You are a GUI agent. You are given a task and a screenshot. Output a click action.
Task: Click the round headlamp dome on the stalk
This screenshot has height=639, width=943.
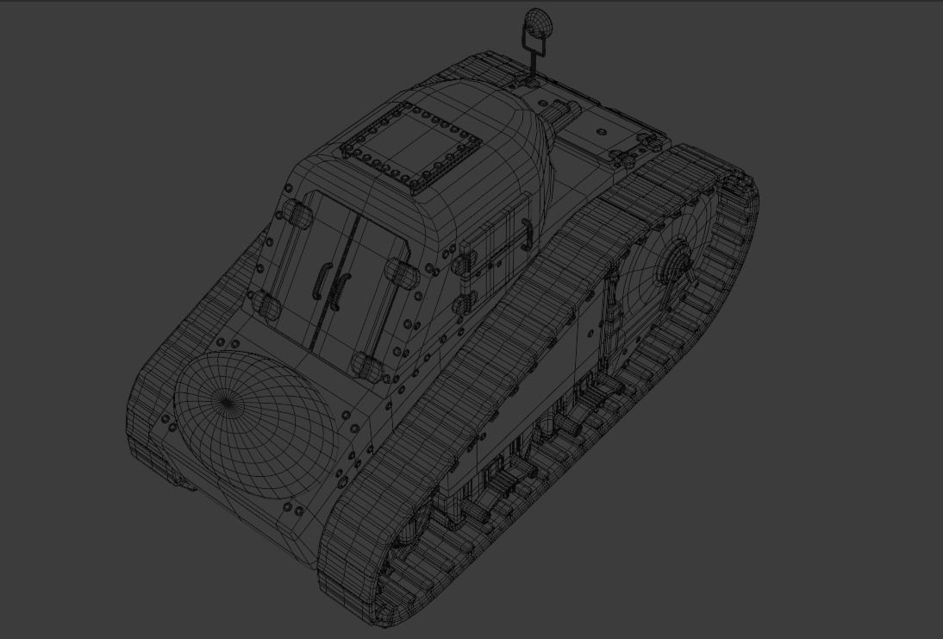[538, 21]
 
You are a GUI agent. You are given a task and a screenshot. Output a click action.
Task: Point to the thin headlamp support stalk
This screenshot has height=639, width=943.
[534, 57]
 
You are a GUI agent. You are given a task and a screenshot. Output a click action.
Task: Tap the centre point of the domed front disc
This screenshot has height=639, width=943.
[227, 401]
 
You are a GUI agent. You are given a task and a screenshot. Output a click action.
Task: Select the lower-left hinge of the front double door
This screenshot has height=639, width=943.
[265, 302]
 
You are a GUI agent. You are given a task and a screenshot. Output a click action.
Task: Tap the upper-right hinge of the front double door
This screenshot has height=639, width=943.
[401, 273]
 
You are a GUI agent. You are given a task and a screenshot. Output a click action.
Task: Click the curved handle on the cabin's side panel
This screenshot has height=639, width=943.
[525, 228]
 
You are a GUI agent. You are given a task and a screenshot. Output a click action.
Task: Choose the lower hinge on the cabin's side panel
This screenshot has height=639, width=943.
[467, 302]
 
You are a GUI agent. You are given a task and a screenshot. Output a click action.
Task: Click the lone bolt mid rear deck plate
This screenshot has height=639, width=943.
[602, 131]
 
